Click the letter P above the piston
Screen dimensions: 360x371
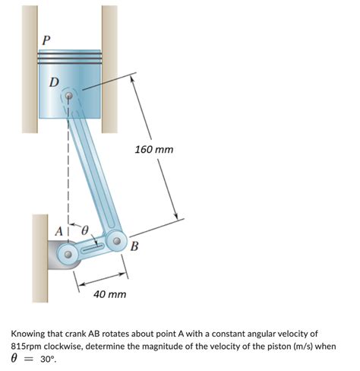pos(46,40)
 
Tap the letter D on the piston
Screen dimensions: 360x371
pos(54,82)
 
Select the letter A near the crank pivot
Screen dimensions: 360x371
pos(59,231)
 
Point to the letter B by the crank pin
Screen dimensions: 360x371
pos(134,246)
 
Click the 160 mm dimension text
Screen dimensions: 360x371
pos(154,150)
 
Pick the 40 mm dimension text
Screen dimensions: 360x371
pos(109,294)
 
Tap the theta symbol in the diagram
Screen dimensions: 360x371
pos(85,230)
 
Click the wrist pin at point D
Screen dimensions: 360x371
pos(69,96)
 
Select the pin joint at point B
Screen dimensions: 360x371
pos(117,241)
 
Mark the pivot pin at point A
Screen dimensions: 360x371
pos(68,254)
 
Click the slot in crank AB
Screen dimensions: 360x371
pos(93,247)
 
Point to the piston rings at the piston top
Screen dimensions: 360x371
pos(70,58)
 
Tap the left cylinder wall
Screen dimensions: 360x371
pos(30,69)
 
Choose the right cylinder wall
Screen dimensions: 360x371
pos(109,69)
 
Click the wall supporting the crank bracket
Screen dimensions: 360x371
pos(40,258)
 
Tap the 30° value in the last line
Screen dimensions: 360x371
pos(47,359)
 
